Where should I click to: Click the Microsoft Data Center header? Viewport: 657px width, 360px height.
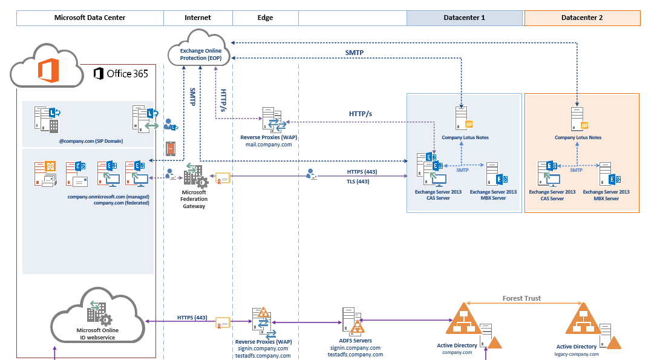point(90,18)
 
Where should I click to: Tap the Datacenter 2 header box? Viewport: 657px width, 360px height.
point(582,18)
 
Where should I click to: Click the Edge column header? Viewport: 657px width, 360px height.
point(265,18)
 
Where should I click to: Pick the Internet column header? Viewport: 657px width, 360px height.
point(197,18)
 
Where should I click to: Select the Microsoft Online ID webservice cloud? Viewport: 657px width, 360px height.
point(97,322)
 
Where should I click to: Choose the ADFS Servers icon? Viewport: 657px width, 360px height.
point(353,321)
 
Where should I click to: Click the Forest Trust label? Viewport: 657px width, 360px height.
point(521,298)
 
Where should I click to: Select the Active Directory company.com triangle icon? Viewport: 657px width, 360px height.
point(464,319)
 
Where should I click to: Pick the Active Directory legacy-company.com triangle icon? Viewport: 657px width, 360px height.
point(583,319)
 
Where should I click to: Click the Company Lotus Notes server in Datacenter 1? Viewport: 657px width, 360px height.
point(463,119)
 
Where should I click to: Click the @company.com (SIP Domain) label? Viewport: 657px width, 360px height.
point(90,141)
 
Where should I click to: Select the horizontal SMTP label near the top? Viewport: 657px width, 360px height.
point(355,53)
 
